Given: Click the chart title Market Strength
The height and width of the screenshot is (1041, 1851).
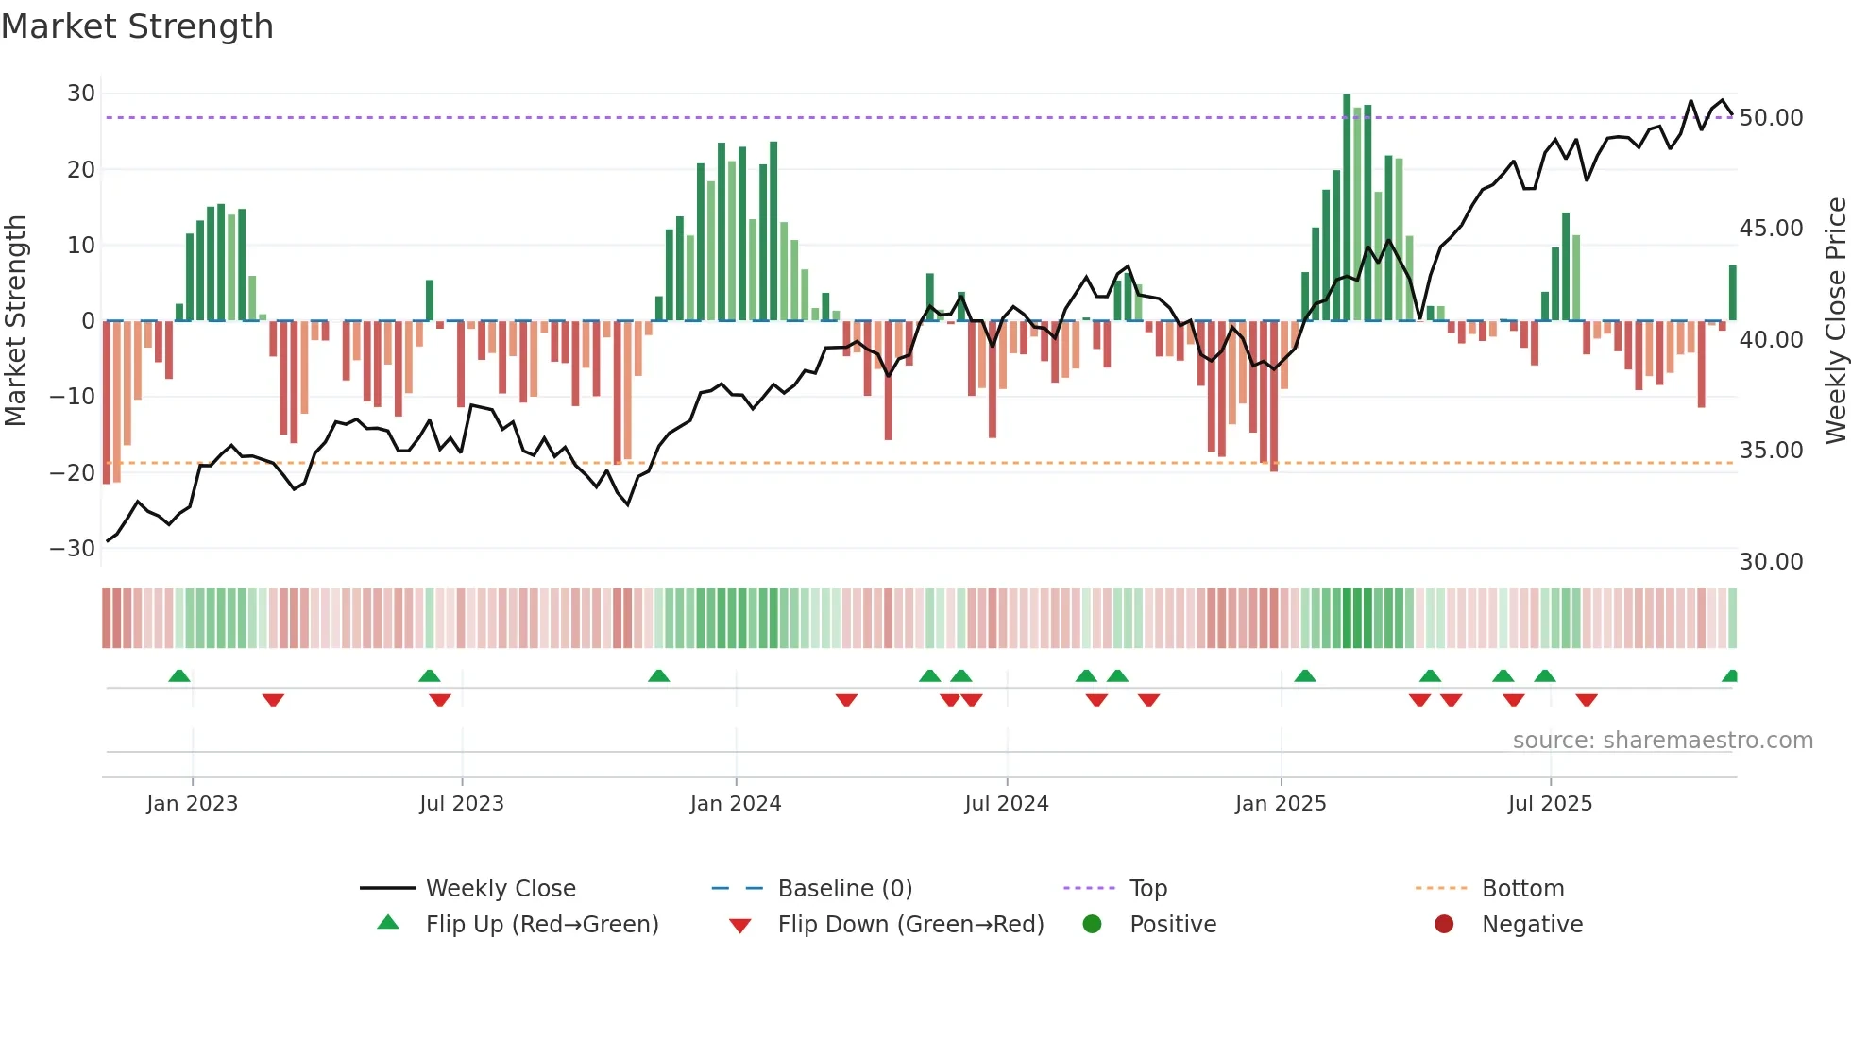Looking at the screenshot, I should point(137,26).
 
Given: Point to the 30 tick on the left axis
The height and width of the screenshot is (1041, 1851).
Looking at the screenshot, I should point(81,94).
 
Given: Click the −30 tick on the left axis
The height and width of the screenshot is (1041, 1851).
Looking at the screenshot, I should point(73,549).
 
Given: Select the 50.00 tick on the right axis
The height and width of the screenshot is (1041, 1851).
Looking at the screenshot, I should point(1771,118).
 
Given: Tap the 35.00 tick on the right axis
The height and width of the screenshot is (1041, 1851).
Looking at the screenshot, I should point(1771,451).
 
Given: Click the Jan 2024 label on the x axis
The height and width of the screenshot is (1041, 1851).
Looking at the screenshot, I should point(736,804).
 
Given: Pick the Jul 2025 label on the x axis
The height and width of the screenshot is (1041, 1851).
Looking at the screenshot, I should point(1550,804).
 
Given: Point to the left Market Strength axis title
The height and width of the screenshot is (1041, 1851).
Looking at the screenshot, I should point(15,321).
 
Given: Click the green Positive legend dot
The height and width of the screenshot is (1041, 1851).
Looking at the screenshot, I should point(1093,925).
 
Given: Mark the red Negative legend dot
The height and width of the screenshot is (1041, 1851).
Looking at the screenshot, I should point(1444,925).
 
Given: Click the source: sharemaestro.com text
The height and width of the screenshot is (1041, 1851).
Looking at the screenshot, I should point(1662,741).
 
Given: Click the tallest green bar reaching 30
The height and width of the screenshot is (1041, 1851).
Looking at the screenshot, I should point(1347,208).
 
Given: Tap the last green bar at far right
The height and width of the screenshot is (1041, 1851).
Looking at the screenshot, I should point(1733,293).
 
